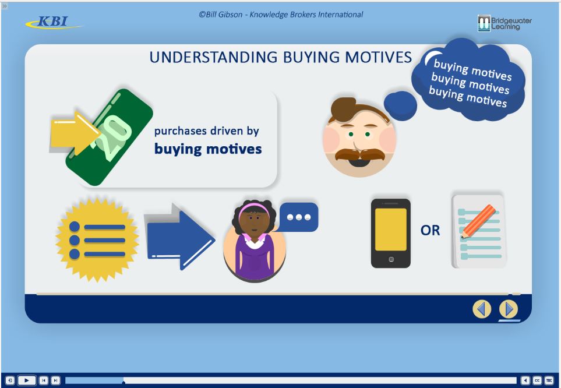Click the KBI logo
(x=53, y=23)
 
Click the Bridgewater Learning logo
(x=504, y=23)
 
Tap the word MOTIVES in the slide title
(x=377, y=57)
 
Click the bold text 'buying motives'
(x=208, y=149)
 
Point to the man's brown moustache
(x=359, y=154)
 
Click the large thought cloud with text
(x=470, y=81)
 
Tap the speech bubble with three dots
(x=299, y=217)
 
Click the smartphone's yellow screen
(x=390, y=229)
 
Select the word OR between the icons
(x=431, y=231)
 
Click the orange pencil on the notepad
(x=478, y=221)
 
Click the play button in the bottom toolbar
(x=26, y=380)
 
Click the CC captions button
(x=537, y=380)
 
